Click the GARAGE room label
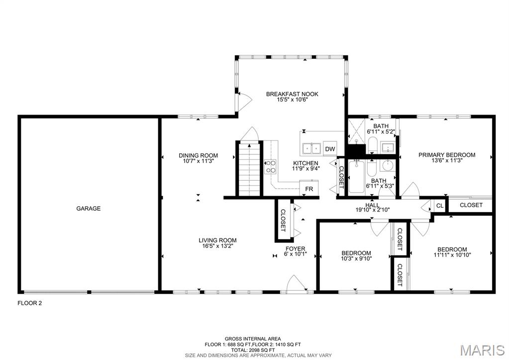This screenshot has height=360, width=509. pyautogui.click(x=88, y=209)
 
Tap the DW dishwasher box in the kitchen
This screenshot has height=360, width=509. pyautogui.click(x=330, y=149)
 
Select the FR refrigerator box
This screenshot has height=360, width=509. pyautogui.click(x=309, y=188)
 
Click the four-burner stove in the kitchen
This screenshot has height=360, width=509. pyautogui.click(x=270, y=166)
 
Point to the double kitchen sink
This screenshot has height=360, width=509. pyautogui.click(x=311, y=148)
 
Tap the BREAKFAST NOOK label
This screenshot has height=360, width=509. pyautogui.click(x=292, y=94)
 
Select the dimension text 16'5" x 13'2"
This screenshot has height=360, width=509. pyautogui.click(x=217, y=246)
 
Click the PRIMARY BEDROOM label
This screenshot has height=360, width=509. pyautogui.click(x=447, y=155)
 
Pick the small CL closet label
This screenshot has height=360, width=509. pyautogui.click(x=440, y=206)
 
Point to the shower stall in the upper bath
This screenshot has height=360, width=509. pyautogui.click(x=356, y=131)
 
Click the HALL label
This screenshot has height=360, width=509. pyautogui.click(x=372, y=205)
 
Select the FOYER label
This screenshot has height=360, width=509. pyautogui.click(x=296, y=249)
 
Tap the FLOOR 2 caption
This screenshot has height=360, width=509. pyautogui.click(x=29, y=303)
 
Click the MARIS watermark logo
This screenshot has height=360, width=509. pyautogui.click(x=483, y=350)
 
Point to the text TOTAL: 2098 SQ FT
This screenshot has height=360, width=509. pyautogui.click(x=253, y=350)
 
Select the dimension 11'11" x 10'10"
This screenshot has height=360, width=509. pyautogui.click(x=452, y=255)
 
